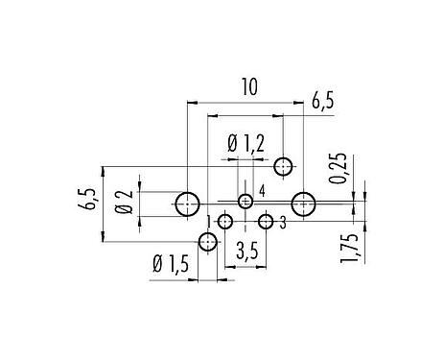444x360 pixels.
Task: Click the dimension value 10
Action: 248,87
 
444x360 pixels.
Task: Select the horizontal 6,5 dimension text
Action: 323,100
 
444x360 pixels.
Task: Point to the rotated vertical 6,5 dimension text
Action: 90,202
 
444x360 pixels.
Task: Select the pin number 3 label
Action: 285,223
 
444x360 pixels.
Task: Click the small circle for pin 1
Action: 225,223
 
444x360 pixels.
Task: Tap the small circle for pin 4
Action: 246,202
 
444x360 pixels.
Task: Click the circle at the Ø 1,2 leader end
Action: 283,167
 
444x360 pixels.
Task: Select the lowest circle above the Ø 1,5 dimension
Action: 208,244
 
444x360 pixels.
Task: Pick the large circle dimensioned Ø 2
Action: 187,204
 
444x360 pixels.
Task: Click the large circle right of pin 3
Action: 304,204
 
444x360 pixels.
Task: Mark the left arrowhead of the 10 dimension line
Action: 191,99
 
